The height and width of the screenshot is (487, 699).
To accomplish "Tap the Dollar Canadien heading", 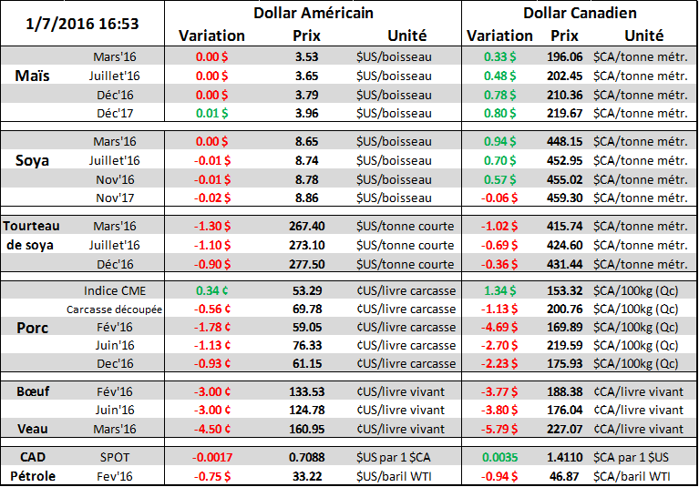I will click(580, 14).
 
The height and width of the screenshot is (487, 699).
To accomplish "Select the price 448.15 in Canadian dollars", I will click(565, 141).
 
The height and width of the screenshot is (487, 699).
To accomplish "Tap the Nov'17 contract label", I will click(115, 196).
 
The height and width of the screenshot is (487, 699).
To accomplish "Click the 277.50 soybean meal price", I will click(305, 264).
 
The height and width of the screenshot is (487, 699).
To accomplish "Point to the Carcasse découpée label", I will click(115, 309).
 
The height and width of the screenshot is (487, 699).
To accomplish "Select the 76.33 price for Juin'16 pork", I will click(306, 345).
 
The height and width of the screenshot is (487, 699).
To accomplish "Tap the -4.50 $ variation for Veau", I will click(211, 428).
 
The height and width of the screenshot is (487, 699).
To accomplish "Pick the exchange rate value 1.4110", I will click(565, 454).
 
